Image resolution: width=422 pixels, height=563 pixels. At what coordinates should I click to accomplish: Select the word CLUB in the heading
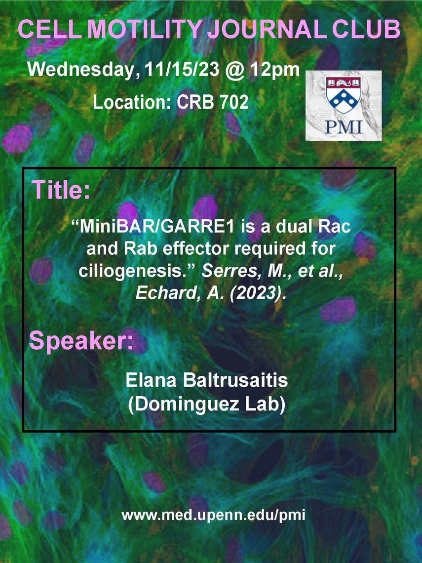click(x=366, y=29)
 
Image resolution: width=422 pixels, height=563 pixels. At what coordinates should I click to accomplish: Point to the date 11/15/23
click(x=182, y=69)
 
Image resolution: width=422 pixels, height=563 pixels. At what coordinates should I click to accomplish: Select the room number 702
click(x=233, y=102)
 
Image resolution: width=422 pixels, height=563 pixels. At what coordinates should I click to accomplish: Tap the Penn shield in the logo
click(x=343, y=95)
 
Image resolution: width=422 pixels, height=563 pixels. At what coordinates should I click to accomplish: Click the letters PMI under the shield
click(x=344, y=126)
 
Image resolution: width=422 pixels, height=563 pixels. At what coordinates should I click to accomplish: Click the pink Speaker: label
click(x=81, y=341)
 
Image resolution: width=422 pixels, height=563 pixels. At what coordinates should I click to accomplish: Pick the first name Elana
click(x=151, y=381)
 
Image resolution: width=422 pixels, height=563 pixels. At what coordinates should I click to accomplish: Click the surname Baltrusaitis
click(x=235, y=381)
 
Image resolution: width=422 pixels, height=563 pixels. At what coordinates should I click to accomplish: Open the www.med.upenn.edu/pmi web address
click(x=213, y=516)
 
